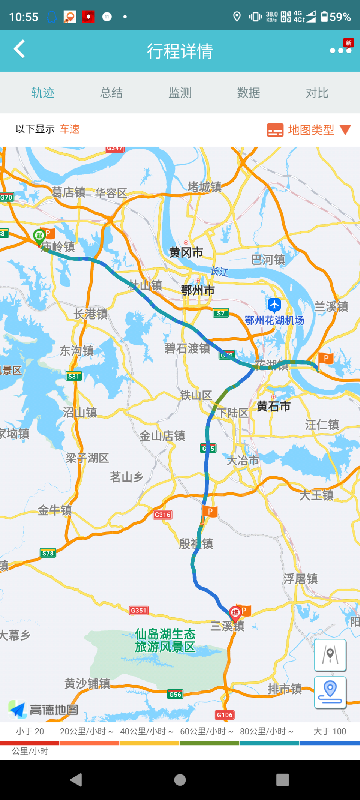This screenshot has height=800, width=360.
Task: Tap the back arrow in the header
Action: click(19, 49)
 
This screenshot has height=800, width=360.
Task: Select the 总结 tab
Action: click(111, 93)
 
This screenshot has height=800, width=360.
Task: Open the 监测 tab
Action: click(180, 93)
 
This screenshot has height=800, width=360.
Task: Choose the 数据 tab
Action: click(249, 93)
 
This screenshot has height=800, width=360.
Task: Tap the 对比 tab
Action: click(317, 93)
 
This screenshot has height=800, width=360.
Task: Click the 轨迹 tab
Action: click(43, 93)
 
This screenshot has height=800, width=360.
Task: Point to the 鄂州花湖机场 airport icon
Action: click(274, 305)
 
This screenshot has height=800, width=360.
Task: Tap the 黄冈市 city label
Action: click(186, 252)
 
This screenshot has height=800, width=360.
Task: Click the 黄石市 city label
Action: click(273, 406)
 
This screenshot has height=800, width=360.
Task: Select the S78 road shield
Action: click(48, 553)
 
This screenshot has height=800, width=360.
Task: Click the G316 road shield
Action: click(162, 515)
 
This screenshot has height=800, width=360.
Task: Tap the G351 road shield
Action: click(138, 610)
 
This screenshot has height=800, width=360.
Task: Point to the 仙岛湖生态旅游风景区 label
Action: click(165, 640)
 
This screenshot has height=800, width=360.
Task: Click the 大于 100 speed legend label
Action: click(330, 731)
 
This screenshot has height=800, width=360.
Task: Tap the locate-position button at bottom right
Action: click(330, 692)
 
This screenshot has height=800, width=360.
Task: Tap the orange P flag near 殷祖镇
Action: click(210, 512)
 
